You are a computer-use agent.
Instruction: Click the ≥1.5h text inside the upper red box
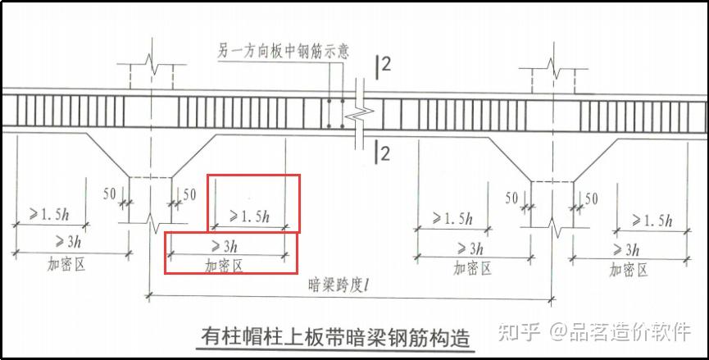point(249,217)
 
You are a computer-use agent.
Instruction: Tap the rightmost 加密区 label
point(628,269)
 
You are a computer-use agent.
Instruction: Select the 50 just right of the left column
point(189,194)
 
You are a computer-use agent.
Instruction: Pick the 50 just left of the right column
point(511,198)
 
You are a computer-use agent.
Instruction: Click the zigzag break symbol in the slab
point(357,114)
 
